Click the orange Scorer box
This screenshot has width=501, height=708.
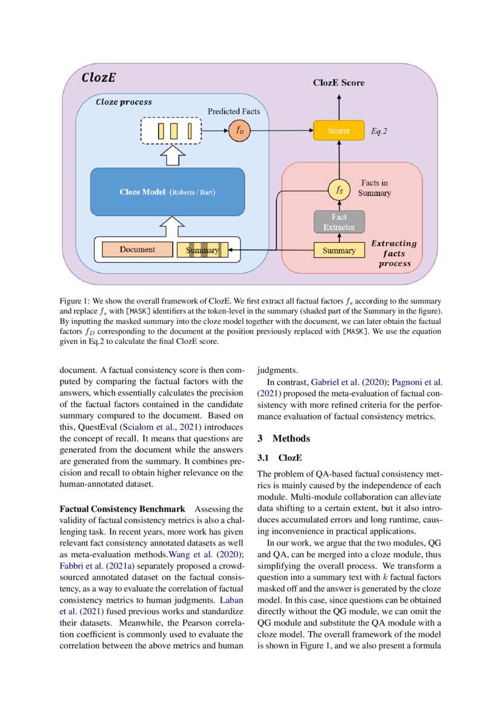coord(339,131)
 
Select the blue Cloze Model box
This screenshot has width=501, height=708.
coord(167,192)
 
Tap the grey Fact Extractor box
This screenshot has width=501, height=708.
coord(339,222)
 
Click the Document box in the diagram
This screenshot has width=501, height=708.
coord(137,250)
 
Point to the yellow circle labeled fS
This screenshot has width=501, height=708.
coord(339,190)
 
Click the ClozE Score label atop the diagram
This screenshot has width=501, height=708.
coord(339,82)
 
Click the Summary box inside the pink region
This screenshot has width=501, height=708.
coord(339,250)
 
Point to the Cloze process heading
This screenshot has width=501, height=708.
coord(124,102)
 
